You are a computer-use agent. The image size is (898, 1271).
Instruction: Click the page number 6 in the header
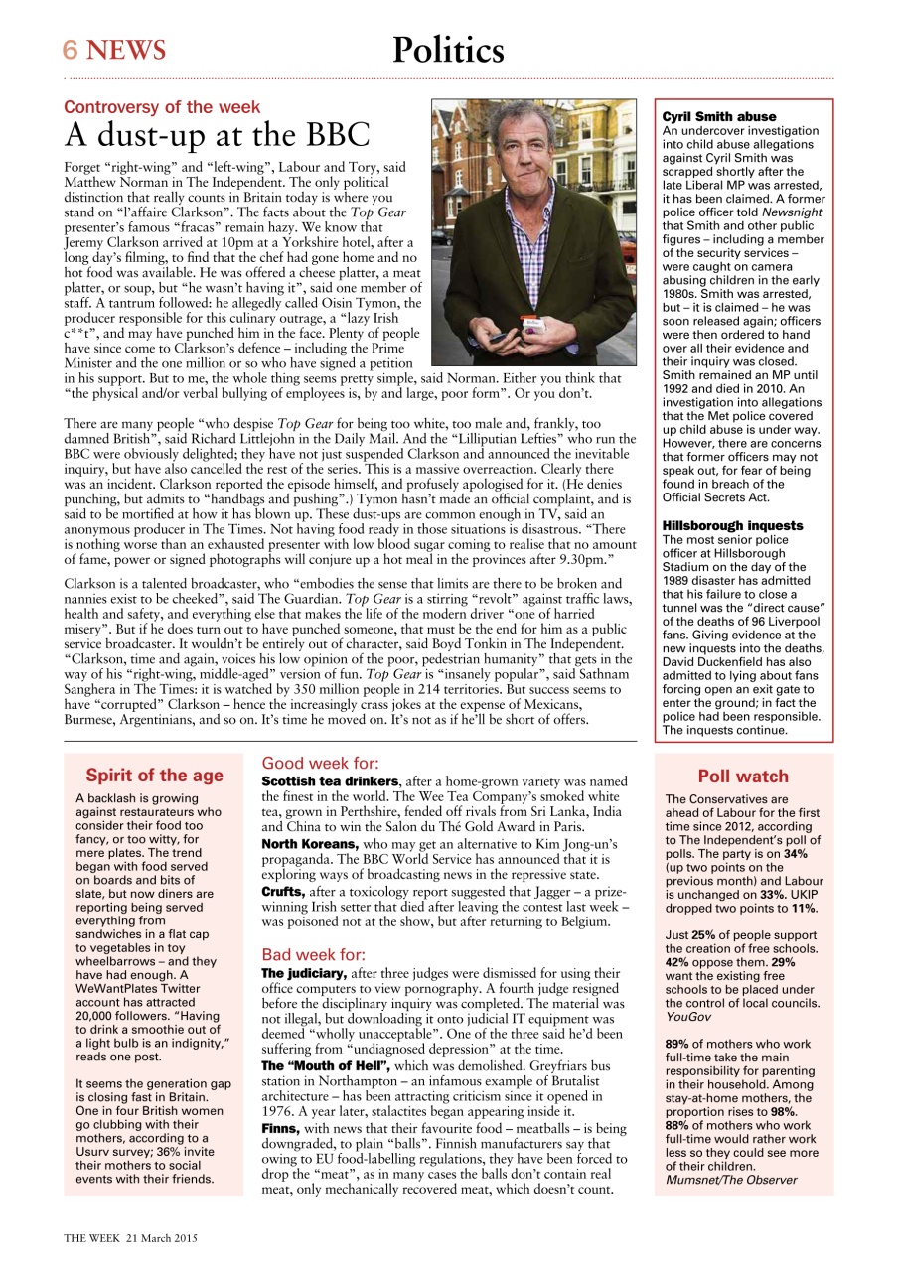(71, 49)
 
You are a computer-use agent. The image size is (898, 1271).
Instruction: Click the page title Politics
(448, 50)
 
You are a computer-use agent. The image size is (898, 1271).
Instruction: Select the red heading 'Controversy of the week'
(162, 106)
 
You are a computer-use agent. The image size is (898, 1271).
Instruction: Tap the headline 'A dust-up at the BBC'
(218, 134)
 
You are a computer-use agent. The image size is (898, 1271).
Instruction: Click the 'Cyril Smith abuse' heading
(719, 116)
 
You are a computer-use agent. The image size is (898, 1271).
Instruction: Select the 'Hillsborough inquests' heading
(732, 525)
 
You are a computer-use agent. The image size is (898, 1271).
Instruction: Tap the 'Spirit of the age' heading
(154, 776)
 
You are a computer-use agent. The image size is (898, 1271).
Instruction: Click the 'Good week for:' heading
(319, 763)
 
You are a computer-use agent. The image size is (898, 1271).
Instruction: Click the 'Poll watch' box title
(742, 777)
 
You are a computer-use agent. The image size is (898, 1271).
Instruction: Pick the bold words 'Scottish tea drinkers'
(330, 781)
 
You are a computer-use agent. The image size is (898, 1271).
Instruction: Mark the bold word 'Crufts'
(282, 891)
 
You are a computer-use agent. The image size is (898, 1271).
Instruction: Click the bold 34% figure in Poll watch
(795, 854)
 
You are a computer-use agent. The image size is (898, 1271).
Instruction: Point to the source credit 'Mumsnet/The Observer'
(730, 1179)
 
